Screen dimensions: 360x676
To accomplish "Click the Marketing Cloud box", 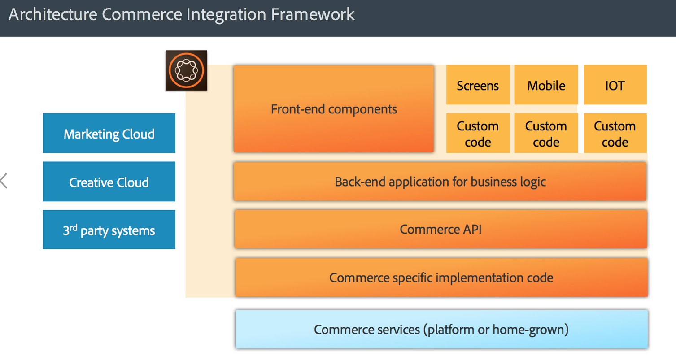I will [x=109, y=134].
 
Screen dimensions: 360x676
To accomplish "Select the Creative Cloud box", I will [x=109, y=182].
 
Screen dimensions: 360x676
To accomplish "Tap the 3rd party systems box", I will [x=109, y=230].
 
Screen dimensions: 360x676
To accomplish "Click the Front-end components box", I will [x=333, y=109].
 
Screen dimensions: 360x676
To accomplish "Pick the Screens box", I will [x=478, y=85].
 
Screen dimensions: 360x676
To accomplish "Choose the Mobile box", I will [x=546, y=85].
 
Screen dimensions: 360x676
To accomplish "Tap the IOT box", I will [x=615, y=85].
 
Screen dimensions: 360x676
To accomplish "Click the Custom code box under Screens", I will [x=478, y=134].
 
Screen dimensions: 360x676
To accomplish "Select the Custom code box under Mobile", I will [x=546, y=134].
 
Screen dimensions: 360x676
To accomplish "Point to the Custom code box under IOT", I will [x=615, y=134].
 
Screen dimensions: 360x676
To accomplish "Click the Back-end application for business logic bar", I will [x=440, y=182].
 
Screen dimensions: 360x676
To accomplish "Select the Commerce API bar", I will [x=440, y=229].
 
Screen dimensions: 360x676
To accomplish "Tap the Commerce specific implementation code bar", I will [x=441, y=278].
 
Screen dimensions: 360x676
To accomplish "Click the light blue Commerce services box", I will [x=441, y=330].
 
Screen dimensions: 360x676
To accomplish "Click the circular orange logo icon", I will [x=186, y=70].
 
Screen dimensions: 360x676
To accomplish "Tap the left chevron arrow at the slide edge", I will [x=4, y=181].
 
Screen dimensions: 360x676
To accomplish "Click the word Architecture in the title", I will [x=53, y=14].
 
